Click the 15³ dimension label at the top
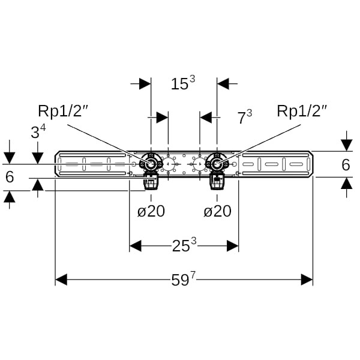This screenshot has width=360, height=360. tap(182, 84)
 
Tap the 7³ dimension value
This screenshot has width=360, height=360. tap(244, 117)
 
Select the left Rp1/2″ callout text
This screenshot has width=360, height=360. tap(64, 111)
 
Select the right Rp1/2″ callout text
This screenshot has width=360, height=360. tap(302, 111)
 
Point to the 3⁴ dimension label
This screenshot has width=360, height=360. tap(38, 132)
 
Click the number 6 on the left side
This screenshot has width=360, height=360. tap(9, 177)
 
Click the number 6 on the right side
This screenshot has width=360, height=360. tap(346, 164)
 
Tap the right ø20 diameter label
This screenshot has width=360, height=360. tap(217, 211)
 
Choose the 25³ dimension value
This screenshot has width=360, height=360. tap(184, 245)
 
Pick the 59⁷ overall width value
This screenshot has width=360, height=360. tap(184, 279)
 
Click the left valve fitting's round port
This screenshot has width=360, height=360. tap(150, 164)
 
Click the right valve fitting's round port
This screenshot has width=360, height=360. tap(217, 164)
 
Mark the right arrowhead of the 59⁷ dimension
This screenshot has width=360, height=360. tap(307, 280)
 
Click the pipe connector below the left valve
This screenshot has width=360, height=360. tap(149, 181)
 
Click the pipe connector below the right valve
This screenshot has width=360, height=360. tap(216, 181)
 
